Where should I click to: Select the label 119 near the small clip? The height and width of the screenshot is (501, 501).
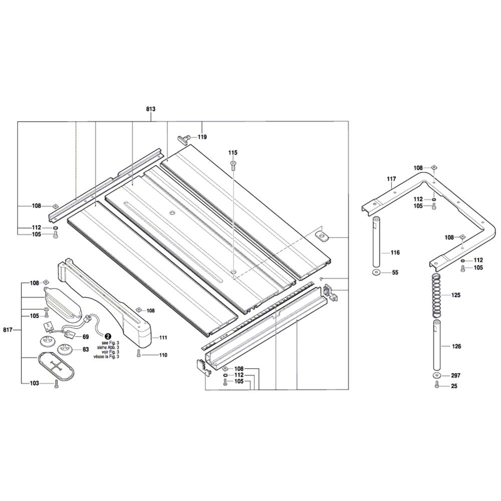(201, 137)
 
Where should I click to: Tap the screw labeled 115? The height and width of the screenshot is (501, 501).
(233, 165)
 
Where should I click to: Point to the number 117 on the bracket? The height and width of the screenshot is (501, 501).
(391, 179)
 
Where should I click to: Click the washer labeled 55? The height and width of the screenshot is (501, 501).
(376, 273)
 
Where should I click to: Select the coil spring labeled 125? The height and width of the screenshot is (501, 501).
(436, 296)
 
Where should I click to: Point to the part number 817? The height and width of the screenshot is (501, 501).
(8, 330)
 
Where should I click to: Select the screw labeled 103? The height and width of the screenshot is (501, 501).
(56, 383)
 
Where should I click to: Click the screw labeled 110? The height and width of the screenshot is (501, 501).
(139, 354)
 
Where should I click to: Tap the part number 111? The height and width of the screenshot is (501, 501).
(163, 338)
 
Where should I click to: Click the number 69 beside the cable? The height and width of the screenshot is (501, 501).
(85, 337)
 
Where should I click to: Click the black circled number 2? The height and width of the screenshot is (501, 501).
(107, 337)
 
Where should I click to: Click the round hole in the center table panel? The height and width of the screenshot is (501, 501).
(172, 213)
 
